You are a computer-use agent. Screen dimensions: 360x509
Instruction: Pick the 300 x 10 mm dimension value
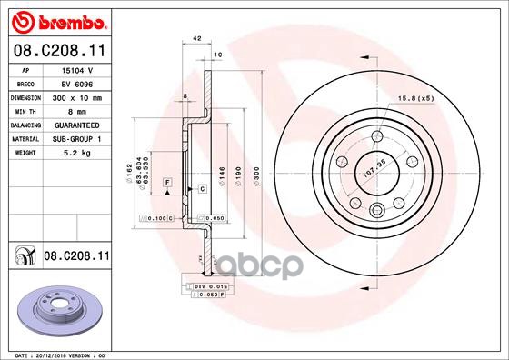[75, 96]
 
